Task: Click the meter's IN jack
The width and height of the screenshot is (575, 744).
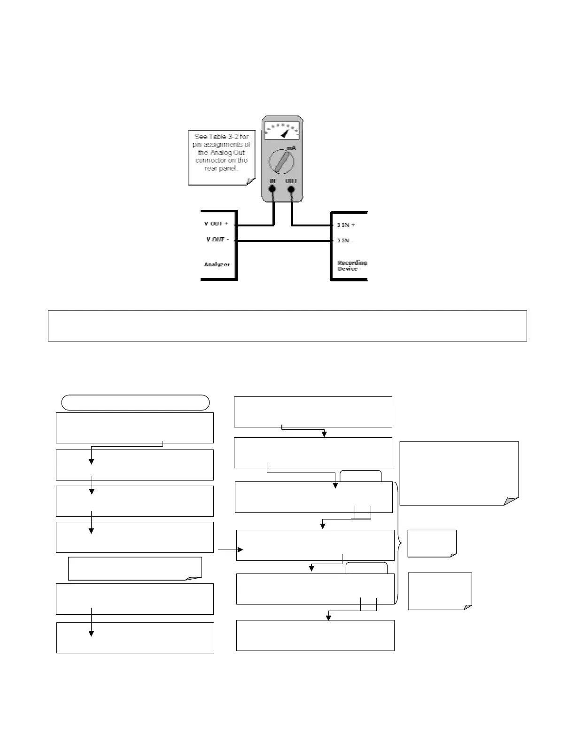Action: click(x=272, y=190)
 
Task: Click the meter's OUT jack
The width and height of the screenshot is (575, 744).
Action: click(x=291, y=190)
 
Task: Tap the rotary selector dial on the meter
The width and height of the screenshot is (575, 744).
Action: click(x=281, y=162)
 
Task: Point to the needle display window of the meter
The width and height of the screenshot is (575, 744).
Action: click(x=281, y=130)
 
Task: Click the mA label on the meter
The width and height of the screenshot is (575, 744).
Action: click(x=291, y=148)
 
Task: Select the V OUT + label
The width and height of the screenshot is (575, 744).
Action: click(x=216, y=224)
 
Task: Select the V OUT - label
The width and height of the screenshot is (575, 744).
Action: click(x=218, y=240)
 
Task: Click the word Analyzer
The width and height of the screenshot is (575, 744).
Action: click(x=217, y=264)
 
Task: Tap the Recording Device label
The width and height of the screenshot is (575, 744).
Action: click(x=352, y=265)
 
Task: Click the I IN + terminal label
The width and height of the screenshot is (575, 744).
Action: click(x=346, y=225)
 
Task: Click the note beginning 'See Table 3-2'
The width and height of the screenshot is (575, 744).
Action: click(x=221, y=156)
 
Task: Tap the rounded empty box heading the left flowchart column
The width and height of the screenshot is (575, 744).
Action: click(x=135, y=403)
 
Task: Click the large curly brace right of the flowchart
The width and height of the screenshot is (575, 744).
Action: click(x=399, y=543)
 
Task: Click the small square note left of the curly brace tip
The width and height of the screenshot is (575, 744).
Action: click(x=432, y=543)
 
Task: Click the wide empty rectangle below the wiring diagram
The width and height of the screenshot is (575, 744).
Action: click(x=287, y=325)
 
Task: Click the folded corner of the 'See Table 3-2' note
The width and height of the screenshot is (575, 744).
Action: click(x=250, y=181)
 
